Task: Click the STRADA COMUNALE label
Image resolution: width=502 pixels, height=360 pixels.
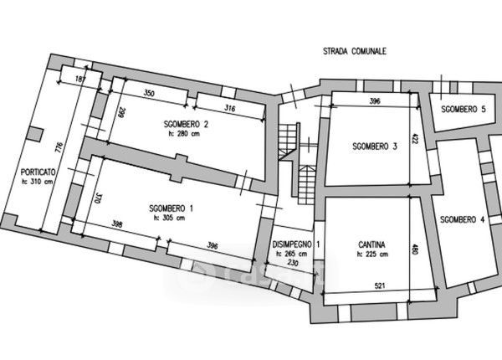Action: pos(354,52)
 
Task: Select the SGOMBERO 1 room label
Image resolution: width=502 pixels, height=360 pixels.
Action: pos(172,208)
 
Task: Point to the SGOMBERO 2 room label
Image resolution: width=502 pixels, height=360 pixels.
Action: pos(187,125)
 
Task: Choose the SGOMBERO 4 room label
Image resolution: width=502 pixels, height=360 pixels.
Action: pos(461,219)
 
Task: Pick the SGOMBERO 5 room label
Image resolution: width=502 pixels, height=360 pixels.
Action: pos(464,110)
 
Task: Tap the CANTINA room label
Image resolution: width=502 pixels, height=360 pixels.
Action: pos(371,245)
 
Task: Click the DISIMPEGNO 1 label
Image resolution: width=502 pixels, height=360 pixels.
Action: pos(295,244)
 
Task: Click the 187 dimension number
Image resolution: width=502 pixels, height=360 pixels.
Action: pos(81,78)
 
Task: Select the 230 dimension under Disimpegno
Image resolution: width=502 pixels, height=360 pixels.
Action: pos(293,264)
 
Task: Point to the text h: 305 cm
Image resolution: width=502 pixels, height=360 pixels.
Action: pos(172,218)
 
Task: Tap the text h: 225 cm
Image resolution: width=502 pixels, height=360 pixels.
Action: pos(371,255)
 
